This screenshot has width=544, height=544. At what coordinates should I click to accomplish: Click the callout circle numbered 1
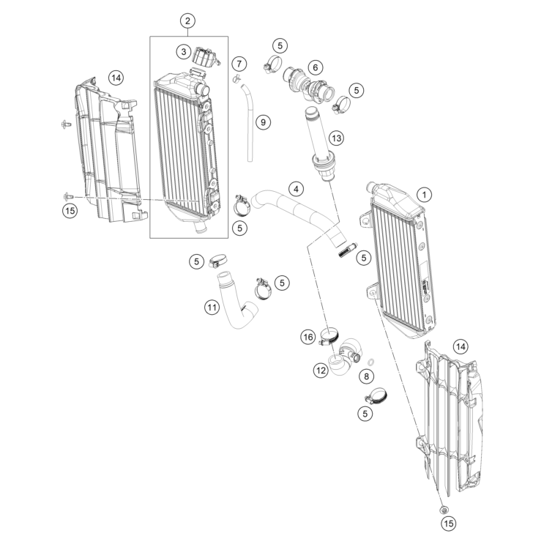point(424,195)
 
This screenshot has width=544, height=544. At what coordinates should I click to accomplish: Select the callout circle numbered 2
point(187,21)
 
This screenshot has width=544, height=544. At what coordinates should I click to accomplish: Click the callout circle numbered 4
point(296,189)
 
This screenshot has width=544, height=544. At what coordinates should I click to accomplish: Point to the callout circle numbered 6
point(315,67)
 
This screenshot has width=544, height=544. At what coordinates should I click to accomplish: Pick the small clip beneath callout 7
point(236,78)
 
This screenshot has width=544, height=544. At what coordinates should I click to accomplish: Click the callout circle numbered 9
point(263,122)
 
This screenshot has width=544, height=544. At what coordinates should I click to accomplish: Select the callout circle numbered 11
point(212,307)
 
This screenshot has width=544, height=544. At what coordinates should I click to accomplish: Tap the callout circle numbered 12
point(321,370)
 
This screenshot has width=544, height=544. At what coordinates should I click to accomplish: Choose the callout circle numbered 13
point(336,138)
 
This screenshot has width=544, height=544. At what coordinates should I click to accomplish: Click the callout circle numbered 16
point(308,337)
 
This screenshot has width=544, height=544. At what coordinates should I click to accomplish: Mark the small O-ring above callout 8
point(370,362)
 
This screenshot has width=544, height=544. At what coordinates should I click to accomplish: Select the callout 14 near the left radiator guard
point(116,78)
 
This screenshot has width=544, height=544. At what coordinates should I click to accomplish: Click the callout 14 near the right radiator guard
point(461,346)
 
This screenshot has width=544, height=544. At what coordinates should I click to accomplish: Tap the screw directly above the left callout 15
point(67,197)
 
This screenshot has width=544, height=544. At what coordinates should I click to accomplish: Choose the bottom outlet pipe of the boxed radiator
point(200,228)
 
